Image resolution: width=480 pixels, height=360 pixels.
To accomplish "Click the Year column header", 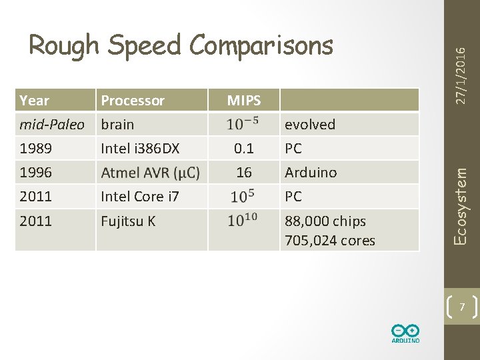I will coord(35,101).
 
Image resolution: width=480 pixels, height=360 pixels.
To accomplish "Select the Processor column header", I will coord(132,101).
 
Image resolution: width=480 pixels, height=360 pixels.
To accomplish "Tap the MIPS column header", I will coord(244,101).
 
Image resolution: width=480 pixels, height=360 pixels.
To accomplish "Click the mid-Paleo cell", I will coord(52,125).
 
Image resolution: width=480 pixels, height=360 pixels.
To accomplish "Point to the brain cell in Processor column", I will coord(117,125).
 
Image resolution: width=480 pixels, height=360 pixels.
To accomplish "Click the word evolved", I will coord(310,125).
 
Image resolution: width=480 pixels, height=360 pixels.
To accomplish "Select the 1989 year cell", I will coord(35,149).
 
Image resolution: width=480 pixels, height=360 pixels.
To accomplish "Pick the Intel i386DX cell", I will coord(140,149).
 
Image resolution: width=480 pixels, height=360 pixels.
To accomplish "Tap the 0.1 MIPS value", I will coord(244,149).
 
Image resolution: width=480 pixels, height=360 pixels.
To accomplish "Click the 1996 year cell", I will coord(35,173).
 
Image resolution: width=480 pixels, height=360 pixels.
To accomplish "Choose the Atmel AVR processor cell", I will coord(150,173).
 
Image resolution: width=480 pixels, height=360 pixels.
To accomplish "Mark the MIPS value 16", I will coord(244,173).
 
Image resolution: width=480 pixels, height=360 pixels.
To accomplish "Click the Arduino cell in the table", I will coord(311,173).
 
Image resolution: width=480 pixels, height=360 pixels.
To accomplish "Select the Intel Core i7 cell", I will coord(139,197).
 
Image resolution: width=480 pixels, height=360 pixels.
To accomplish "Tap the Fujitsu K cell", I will coord(128,221).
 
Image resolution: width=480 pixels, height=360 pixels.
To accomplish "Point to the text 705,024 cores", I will coord(330,241).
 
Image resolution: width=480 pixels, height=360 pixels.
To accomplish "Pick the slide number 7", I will coord(461,306).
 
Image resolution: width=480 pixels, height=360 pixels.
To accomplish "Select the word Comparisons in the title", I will coord(261,45).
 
